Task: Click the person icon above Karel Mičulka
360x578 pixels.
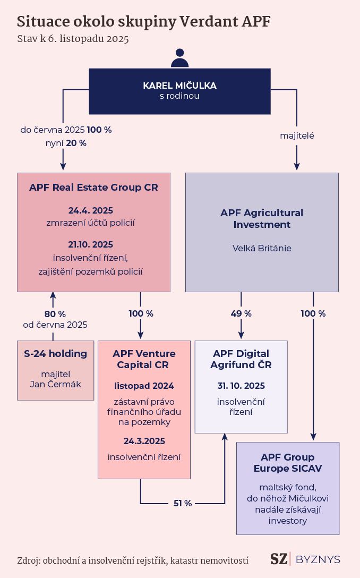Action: click(x=179, y=58)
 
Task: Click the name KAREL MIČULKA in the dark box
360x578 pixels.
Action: click(x=179, y=86)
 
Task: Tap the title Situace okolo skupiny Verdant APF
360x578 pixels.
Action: click(x=144, y=22)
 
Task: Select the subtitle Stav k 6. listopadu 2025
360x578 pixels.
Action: click(x=73, y=39)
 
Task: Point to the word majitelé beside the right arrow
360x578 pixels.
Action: click(x=297, y=136)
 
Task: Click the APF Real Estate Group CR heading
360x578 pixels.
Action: click(x=93, y=188)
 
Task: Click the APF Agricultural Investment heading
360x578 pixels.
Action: click(x=262, y=218)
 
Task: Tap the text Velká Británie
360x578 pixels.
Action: click(x=262, y=248)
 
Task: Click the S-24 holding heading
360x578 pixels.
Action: click(x=56, y=353)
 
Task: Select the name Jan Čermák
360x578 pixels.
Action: click(x=56, y=384)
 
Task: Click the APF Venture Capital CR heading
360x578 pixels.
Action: click(x=144, y=359)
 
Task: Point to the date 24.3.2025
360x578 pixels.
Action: click(x=144, y=441)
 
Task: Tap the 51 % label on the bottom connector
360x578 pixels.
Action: click(x=183, y=503)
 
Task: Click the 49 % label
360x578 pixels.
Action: click(x=242, y=313)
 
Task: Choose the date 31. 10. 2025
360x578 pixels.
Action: click(x=241, y=386)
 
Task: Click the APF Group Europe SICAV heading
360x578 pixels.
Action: click(x=287, y=463)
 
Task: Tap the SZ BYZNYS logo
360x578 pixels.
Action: click(x=305, y=559)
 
